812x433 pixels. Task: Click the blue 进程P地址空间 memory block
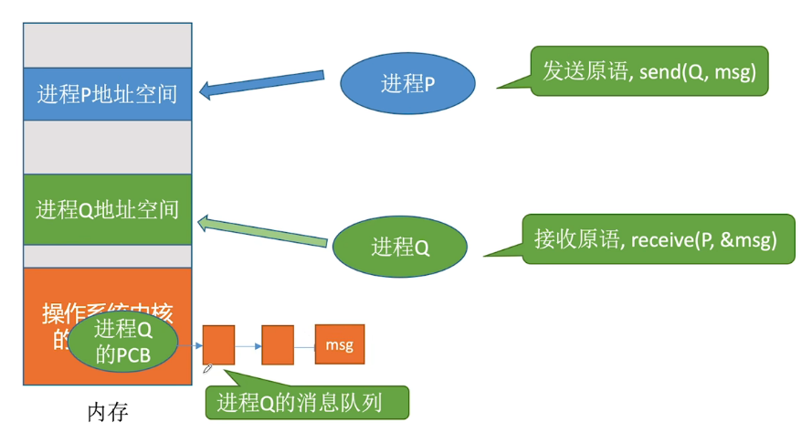pyautogui.click(x=107, y=94)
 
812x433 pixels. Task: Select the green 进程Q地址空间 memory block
pyautogui.click(x=107, y=210)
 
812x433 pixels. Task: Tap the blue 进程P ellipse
pyautogui.click(x=408, y=85)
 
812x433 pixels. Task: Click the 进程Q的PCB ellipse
pyautogui.click(x=122, y=343)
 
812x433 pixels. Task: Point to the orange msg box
pyautogui.click(x=340, y=344)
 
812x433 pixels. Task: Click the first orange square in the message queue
pyautogui.click(x=218, y=345)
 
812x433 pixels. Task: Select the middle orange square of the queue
pyautogui.click(x=277, y=344)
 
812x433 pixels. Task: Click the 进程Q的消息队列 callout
pyautogui.click(x=306, y=402)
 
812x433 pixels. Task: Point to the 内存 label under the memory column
pyautogui.click(x=107, y=413)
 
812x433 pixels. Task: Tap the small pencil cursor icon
pyautogui.click(x=208, y=368)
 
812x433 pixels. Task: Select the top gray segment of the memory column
pyautogui.click(x=107, y=45)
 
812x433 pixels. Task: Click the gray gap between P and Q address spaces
pyautogui.click(x=107, y=148)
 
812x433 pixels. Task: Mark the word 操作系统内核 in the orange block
pyautogui.click(x=107, y=313)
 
